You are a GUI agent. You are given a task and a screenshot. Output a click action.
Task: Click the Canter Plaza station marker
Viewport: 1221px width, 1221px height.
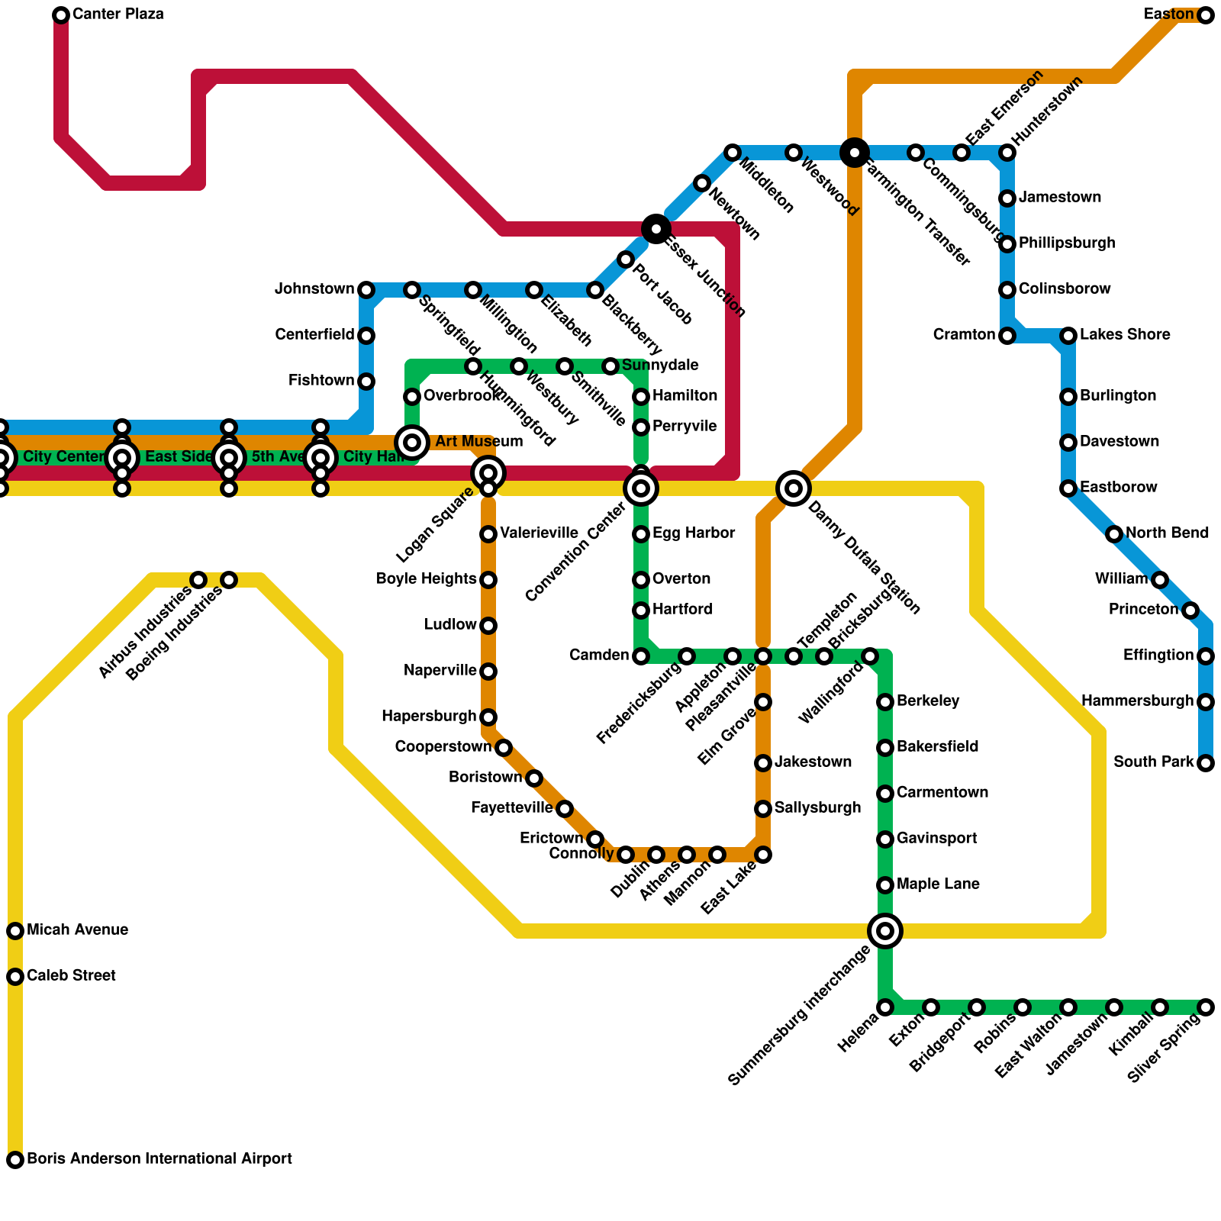click(x=61, y=15)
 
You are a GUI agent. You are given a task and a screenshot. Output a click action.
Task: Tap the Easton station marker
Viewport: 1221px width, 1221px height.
click(x=1206, y=15)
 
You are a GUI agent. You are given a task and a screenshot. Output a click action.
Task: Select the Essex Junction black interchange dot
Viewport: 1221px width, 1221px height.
click(x=656, y=228)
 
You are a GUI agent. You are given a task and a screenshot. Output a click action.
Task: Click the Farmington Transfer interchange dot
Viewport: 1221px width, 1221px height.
click(x=855, y=153)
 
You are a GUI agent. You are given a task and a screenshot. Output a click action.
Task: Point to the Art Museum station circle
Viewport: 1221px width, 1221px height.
click(x=412, y=442)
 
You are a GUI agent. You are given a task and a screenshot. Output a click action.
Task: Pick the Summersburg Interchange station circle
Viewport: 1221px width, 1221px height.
click(x=885, y=930)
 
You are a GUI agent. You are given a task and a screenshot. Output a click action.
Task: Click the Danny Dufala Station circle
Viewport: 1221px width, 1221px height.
click(x=794, y=488)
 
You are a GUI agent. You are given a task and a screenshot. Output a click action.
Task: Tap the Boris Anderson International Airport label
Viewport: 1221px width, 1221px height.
click(x=159, y=1159)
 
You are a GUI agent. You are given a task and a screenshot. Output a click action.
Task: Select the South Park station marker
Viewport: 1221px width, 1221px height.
click(x=1206, y=763)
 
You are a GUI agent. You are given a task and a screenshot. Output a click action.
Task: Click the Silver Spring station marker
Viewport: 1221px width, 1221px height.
click(x=1206, y=1007)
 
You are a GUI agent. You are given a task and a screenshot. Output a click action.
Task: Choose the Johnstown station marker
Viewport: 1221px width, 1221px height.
click(x=366, y=290)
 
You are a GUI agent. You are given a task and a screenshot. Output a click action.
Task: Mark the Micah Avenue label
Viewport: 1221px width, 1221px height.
click(x=77, y=930)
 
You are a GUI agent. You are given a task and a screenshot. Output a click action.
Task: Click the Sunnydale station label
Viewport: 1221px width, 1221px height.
click(x=659, y=366)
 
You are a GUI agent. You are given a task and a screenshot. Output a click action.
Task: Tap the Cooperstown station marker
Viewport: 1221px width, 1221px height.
click(x=504, y=748)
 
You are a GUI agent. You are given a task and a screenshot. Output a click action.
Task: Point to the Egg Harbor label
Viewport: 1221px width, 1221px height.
click(x=694, y=533)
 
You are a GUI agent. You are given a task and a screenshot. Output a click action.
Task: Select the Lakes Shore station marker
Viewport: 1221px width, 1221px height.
click(x=1068, y=336)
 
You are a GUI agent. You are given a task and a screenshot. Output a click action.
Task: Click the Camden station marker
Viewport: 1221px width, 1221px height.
click(x=641, y=656)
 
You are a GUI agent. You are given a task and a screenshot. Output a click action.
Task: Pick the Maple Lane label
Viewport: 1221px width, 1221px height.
click(x=938, y=884)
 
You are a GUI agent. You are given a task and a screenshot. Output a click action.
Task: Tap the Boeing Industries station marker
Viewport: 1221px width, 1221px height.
click(x=229, y=580)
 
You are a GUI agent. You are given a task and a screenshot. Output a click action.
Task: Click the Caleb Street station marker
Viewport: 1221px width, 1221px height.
click(x=15, y=977)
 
